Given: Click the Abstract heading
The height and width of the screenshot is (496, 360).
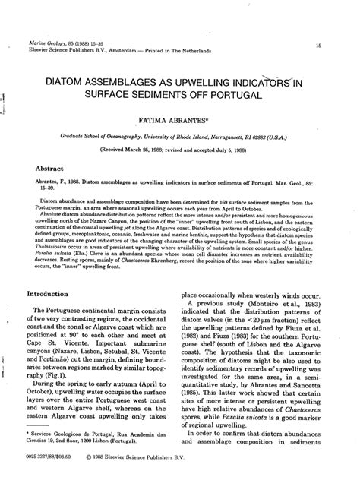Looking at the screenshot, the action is pyautogui.click(x=52, y=167).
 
